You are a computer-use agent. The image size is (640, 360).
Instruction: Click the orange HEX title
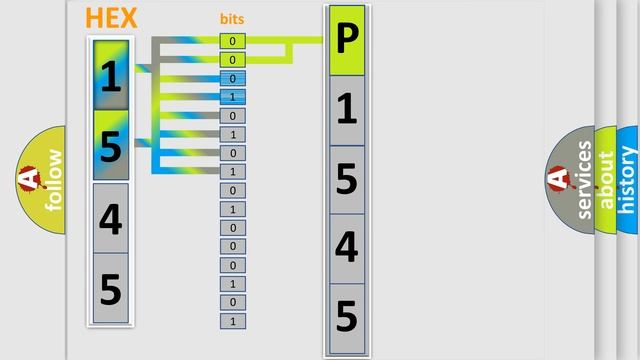pyautogui.click(x=112, y=18)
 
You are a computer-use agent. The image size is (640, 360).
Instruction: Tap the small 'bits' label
pyautogui.click(x=232, y=19)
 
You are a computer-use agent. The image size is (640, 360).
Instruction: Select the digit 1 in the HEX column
pyautogui.click(x=111, y=75)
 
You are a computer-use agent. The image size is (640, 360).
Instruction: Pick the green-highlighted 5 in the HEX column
pyautogui.click(x=111, y=146)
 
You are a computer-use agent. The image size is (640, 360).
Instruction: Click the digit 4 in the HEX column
pyautogui.click(x=111, y=218)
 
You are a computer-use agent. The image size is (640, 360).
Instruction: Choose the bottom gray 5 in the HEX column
pyautogui.click(x=111, y=288)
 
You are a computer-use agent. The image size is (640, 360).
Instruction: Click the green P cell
pyautogui.click(x=346, y=40)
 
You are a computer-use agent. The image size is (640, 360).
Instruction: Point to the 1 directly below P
pyautogui.click(x=346, y=110)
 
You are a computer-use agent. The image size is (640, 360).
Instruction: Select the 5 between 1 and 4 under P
pyautogui.click(x=346, y=179)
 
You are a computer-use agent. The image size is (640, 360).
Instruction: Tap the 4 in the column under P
pyautogui.click(x=346, y=248)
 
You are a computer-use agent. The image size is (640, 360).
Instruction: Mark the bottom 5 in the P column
pyautogui.click(x=346, y=317)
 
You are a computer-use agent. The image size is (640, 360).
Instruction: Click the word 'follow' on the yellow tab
pyautogui.click(x=53, y=180)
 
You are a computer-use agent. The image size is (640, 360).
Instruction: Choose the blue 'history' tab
pyautogui.click(x=628, y=180)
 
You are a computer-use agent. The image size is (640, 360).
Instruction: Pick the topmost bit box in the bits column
pyautogui.click(x=232, y=41)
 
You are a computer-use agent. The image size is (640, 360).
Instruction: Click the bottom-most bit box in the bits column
pyautogui.click(x=232, y=321)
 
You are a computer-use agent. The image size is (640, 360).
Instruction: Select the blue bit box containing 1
pyautogui.click(x=232, y=97)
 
